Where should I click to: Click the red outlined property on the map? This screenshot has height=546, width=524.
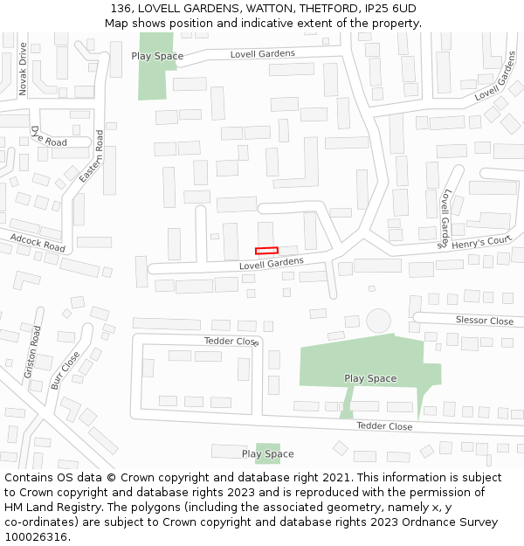266,251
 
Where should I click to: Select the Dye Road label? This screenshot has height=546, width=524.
48,136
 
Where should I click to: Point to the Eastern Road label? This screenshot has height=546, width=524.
91,156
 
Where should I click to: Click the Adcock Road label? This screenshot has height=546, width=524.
38,242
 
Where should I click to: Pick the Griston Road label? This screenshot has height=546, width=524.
31,352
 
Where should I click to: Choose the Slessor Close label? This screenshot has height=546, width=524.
484,321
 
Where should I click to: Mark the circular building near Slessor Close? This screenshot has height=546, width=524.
379,321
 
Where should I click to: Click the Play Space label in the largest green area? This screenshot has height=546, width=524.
370,378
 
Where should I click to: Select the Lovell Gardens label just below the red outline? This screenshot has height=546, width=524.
271,263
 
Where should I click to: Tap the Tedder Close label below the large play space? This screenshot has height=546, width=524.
384,426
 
